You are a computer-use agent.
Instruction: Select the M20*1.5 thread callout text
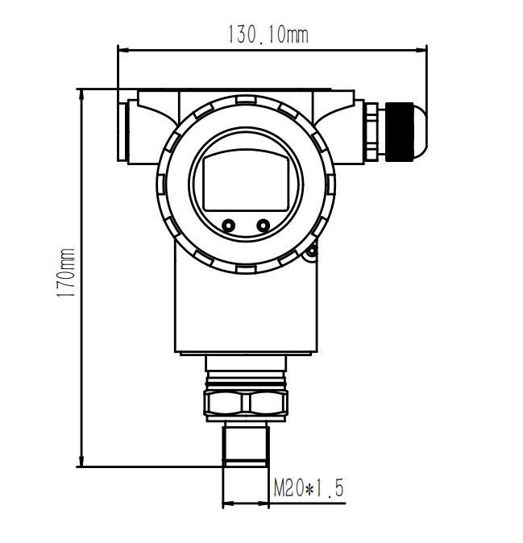coord(309,487)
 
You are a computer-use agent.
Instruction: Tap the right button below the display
coord(264,226)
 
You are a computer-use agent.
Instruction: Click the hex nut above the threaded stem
coord(246,404)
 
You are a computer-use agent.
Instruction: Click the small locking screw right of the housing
coord(312,253)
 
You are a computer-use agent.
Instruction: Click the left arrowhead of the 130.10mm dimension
coord(122,49)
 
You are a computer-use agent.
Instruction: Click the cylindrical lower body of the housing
coord(245,310)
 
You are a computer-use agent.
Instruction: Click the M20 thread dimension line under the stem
coord(245,504)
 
